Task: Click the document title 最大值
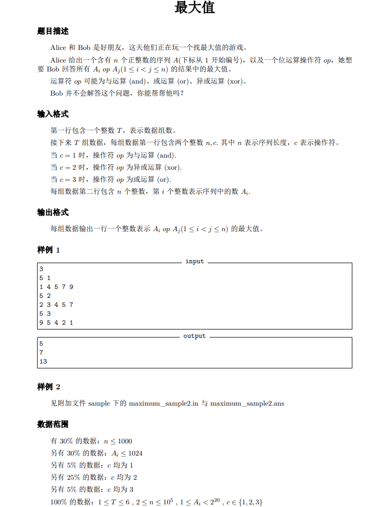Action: click(x=194, y=8)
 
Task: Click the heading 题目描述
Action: click(x=53, y=32)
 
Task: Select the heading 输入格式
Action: click(x=53, y=114)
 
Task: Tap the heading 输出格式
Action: click(x=53, y=212)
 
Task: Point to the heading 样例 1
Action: click(x=49, y=250)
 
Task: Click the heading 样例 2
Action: click(x=49, y=387)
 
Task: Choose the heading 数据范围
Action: click(x=53, y=424)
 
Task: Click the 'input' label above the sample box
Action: click(x=194, y=261)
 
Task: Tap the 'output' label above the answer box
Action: click(x=194, y=336)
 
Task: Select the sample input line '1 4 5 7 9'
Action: click(x=56, y=287)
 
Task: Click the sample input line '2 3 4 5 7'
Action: click(x=56, y=305)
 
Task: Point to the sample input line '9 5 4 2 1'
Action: click(x=56, y=323)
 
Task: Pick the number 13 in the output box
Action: click(x=43, y=361)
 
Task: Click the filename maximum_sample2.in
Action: click(x=164, y=403)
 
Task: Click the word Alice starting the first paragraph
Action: click(x=59, y=47)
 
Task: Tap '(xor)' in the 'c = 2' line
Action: click(x=173, y=168)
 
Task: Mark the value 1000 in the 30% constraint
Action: click(x=124, y=441)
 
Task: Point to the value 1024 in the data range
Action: click(x=135, y=453)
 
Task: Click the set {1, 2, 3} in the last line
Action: click(x=250, y=502)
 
